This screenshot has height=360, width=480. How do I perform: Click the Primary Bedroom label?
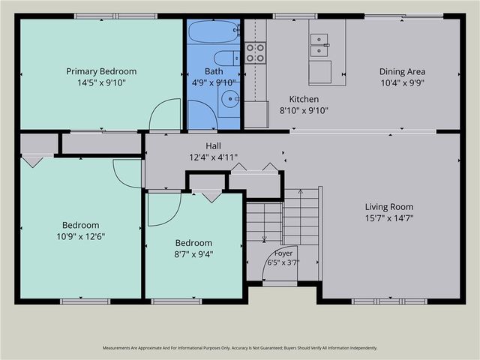pos(101,71)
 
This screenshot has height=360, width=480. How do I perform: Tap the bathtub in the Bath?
pos(214,31)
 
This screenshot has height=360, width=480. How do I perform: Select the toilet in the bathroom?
pos(226,58)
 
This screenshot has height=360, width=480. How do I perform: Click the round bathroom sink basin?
pos(229,98)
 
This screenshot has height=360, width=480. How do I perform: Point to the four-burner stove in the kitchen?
pos(255,52)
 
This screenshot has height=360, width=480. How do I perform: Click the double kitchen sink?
pos(320,45)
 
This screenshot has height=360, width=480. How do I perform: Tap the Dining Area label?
pos(402,72)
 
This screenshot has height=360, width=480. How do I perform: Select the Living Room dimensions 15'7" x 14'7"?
pos(389,218)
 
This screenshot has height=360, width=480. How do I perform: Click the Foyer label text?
pos(283,253)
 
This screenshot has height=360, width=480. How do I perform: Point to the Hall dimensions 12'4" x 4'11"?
pos(213,157)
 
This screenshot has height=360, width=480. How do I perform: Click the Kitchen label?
pos(304,99)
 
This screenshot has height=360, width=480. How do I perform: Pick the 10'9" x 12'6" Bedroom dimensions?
pos(81,237)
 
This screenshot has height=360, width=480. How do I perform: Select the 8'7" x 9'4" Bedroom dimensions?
pos(193,254)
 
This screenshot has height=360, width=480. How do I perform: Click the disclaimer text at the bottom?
pos(240,348)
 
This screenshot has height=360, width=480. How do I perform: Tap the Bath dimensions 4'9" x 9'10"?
pos(214,82)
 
